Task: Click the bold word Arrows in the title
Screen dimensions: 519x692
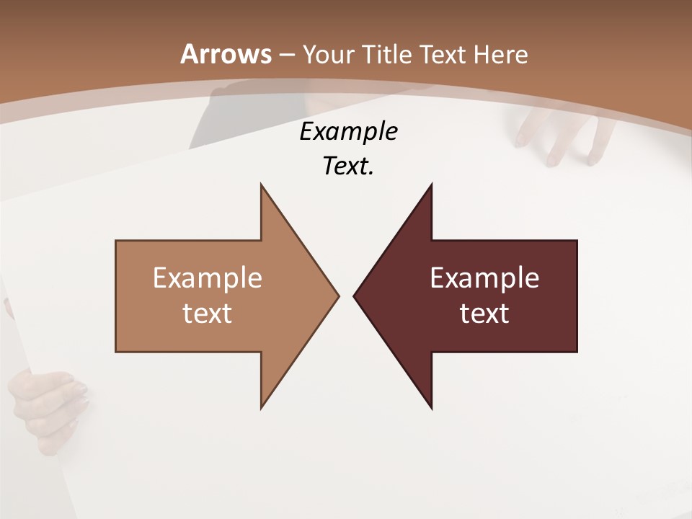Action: click(x=226, y=54)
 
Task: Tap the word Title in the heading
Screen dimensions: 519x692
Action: click(x=388, y=55)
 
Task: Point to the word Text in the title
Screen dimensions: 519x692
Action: click(x=443, y=55)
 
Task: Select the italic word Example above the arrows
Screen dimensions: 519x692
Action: click(x=348, y=132)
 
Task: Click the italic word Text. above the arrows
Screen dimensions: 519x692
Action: click(x=348, y=167)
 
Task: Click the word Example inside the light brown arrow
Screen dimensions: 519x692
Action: click(x=208, y=278)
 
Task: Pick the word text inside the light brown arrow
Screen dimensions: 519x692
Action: click(x=208, y=314)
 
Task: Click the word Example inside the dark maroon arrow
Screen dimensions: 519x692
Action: click(x=484, y=278)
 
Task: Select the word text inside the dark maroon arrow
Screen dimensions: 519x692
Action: click(x=484, y=314)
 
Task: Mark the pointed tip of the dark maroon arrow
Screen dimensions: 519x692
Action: click(x=356, y=296)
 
